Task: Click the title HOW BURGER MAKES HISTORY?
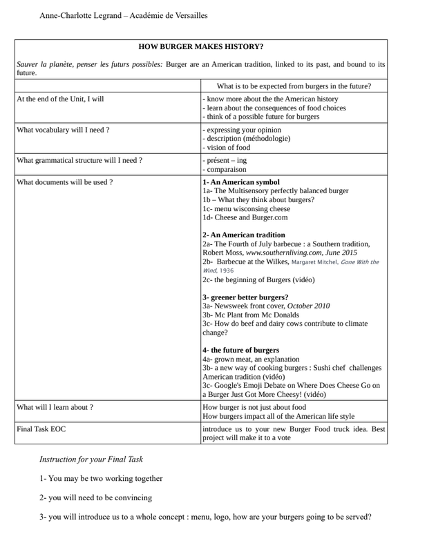coord(200,47)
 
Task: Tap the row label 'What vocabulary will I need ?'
coord(63,129)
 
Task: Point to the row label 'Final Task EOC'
coord(41,428)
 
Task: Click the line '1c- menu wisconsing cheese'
coord(246,208)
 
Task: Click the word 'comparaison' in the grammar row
coord(226,169)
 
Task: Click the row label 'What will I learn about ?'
coord(55,407)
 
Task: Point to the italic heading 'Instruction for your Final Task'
coord(91,459)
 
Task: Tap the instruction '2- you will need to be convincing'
coord(95,497)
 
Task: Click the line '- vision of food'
coord(226,147)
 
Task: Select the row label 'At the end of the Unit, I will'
coord(60,99)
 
